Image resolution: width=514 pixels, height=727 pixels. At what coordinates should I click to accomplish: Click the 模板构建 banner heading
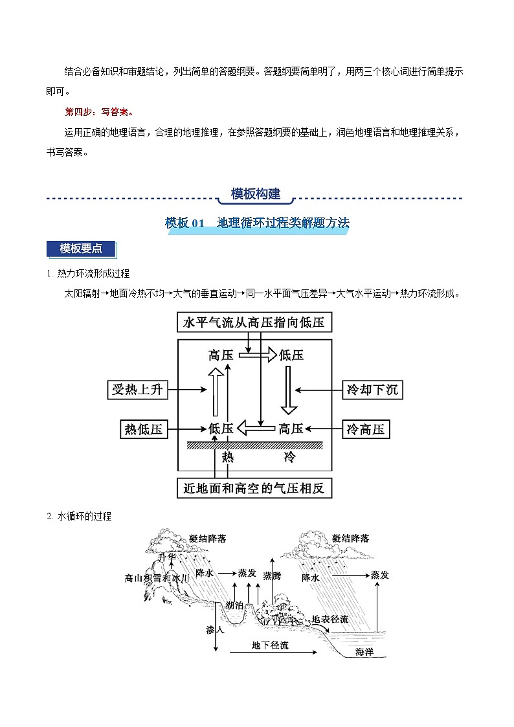click(x=256, y=194)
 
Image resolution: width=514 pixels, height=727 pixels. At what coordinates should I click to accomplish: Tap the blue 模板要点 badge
click(x=81, y=249)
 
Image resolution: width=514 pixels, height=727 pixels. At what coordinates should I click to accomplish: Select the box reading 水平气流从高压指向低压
click(x=254, y=322)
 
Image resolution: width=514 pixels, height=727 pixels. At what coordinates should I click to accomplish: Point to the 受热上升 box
click(x=137, y=390)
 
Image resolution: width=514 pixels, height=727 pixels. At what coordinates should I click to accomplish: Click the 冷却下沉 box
click(x=372, y=390)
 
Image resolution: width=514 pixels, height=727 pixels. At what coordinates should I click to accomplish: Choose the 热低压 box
click(x=144, y=429)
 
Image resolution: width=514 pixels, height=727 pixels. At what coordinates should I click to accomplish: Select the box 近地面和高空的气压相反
click(x=254, y=488)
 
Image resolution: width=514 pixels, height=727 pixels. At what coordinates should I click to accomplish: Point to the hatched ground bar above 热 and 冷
click(x=254, y=444)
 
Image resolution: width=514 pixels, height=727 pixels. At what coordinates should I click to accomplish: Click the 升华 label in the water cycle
click(x=166, y=557)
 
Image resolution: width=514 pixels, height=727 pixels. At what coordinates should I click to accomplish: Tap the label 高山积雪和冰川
click(x=157, y=577)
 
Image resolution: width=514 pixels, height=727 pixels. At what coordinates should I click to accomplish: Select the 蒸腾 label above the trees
click(x=272, y=576)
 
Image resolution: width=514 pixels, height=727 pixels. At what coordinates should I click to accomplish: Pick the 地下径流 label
click(x=270, y=645)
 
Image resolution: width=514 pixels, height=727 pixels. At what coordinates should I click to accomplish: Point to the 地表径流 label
click(x=330, y=620)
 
